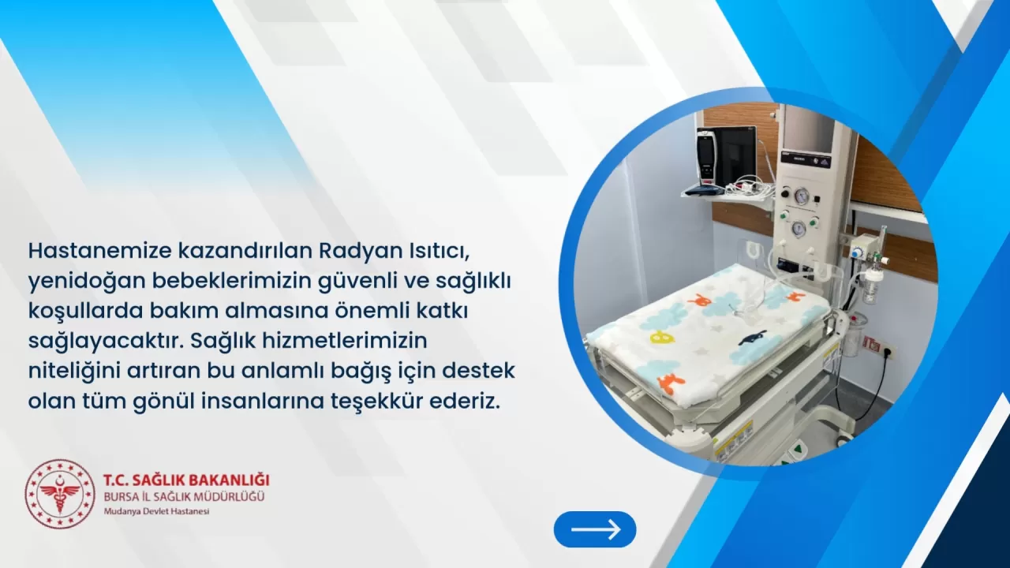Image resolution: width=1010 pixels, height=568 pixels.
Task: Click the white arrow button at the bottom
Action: [595, 529]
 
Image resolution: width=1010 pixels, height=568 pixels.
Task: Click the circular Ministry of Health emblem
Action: [59, 494]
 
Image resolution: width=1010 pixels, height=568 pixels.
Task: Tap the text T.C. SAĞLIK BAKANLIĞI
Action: [186, 480]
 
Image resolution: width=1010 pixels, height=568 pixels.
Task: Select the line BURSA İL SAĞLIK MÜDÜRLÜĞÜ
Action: [184, 496]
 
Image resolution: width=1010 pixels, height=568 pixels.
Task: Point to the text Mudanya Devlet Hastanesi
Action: [156, 511]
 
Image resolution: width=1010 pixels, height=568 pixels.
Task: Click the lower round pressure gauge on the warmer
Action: [799, 229]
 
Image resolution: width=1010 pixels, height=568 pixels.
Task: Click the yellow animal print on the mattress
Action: [660, 337]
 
